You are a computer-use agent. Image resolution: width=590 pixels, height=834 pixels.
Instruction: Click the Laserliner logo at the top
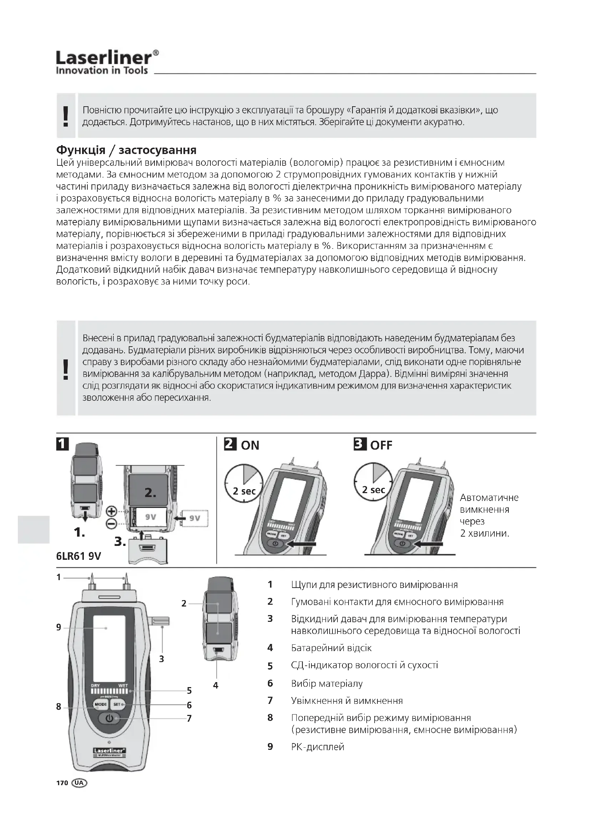coord(107,62)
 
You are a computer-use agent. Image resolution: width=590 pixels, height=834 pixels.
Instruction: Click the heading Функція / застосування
coord(126,150)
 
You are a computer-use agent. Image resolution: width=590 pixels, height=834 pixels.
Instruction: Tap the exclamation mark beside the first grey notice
coord(66,116)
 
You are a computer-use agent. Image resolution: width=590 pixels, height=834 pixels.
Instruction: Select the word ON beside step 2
coord(250,445)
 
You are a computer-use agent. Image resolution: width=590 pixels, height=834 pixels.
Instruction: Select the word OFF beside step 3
coord(381,445)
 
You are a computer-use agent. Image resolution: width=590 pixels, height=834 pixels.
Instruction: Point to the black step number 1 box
coord(62,444)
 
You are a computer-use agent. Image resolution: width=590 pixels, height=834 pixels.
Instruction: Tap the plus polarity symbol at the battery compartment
coord(111,512)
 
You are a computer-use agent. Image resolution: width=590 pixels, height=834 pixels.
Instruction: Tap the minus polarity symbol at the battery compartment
coord(111,523)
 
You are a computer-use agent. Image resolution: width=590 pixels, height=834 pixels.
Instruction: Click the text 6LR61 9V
coord(78,556)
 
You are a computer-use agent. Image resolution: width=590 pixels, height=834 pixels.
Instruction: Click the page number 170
coord(62,783)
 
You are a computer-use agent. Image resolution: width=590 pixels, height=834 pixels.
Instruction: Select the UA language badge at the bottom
coord(80,783)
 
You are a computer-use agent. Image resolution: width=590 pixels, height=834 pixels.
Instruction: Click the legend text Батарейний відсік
coord(331,648)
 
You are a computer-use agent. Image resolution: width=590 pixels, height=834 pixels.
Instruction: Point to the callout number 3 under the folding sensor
coord(162,659)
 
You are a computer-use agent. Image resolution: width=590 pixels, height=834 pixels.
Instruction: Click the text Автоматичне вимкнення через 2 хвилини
coord(489,516)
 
